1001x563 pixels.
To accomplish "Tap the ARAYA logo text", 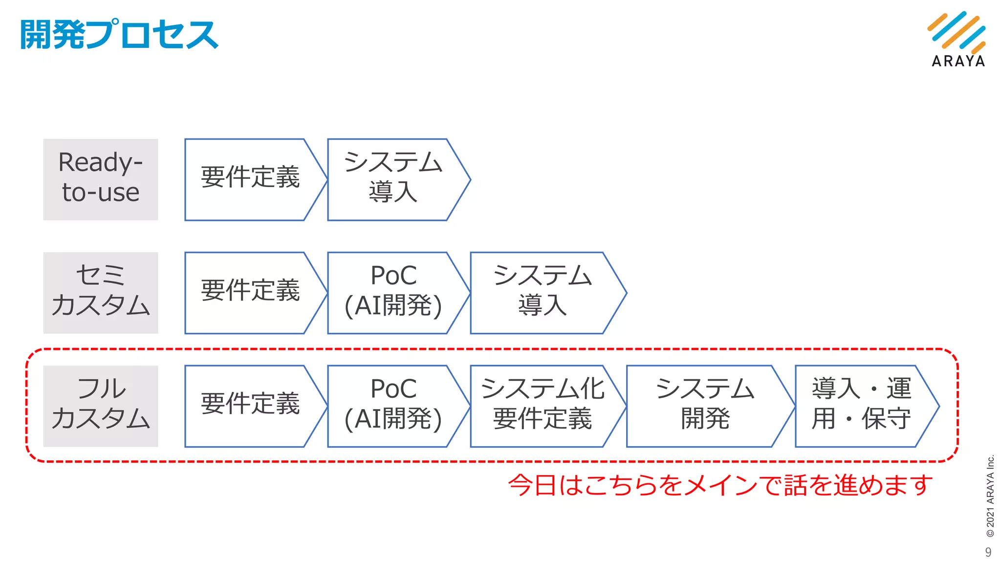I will (958, 61).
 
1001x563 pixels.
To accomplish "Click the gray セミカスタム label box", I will (100, 293).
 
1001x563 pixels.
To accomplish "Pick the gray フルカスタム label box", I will (100, 406).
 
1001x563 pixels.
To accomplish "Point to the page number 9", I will (988, 552).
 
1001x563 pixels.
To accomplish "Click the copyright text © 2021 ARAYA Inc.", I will (990, 496).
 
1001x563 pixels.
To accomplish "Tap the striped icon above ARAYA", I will (957, 32).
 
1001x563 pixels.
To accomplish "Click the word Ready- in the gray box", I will (100, 163).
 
